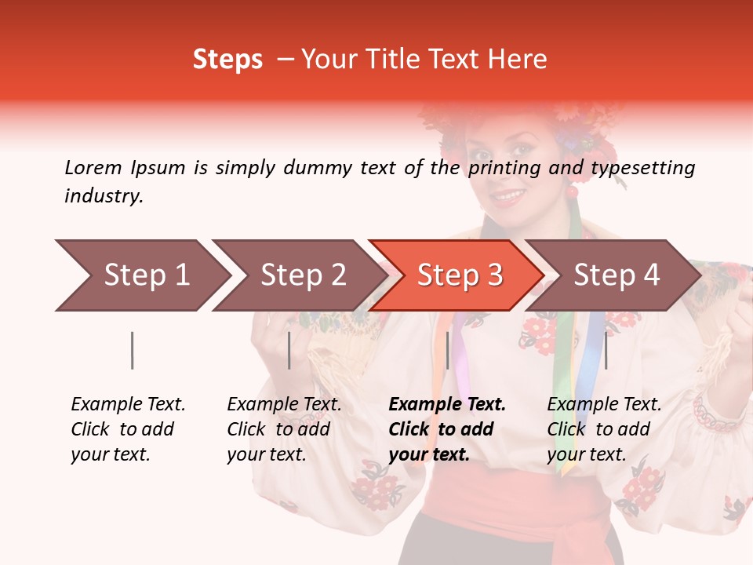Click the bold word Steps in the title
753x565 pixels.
click(x=227, y=60)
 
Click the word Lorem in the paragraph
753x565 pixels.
click(x=93, y=167)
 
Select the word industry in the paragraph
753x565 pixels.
click(x=103, y=196)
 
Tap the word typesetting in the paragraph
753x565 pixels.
click(x=642, y=167)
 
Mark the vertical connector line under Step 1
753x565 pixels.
click(x=133, y=350)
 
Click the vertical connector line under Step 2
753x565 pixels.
click(x=289, y=350)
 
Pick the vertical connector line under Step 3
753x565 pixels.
click(x=447, y=350)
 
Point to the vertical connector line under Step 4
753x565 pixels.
click(x=605, y=350)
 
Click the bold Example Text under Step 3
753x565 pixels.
click(x=447, y=405)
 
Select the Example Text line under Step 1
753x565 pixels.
click(x=128, y=405)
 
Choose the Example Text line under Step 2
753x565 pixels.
click(x=284, y=405)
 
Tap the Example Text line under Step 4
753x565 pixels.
click(x=604, y=405)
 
